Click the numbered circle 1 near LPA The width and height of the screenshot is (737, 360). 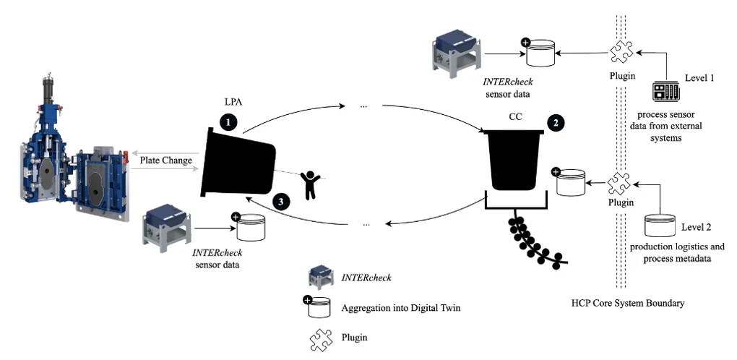[x=228, y=122]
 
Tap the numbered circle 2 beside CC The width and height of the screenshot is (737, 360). [x=555, y=122]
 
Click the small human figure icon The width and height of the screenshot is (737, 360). [x=311, y=184]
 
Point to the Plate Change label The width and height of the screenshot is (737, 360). [x=166, y=160]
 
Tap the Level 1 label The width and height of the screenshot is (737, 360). [x=699, y=77]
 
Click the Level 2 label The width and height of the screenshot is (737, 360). [x=697, y=227]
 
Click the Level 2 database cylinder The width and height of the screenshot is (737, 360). [x=661, y=225]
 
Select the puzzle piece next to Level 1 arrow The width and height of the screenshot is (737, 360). [x=620, y=52]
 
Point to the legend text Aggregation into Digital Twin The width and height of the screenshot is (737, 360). [x=400, y=308]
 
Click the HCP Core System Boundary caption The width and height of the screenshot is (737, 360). [x=627, y=304]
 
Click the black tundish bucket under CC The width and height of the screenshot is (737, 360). [x=515, y=158]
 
